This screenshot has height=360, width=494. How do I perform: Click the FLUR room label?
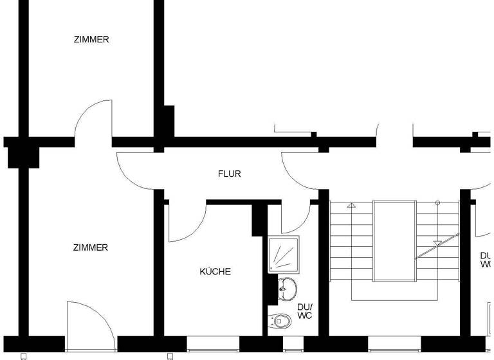pyautogui.click(x=230, y=174)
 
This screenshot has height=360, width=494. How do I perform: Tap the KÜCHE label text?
pyautogui.click(x=215, y=272)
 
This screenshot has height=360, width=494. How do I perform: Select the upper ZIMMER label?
pyautogui.click(x=91, y=39)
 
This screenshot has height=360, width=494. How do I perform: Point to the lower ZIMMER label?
pyautogui.click(x=91, y=248)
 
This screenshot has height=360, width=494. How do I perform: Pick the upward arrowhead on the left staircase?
pyautogui.click(x=351, y=206)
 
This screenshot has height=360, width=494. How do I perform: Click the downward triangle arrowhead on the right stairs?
pyautogui.click(x=438, y=243)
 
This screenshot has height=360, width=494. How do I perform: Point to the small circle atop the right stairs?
pyautogui.click(x=438, y=203)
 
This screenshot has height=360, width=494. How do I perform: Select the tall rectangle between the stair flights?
pyautogui.click(x=394, y=240)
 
